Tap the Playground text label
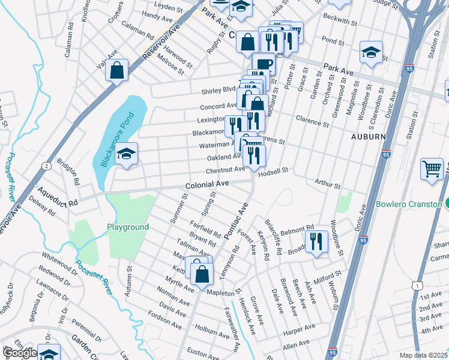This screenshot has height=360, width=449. (128, 227)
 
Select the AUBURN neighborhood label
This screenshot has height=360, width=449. (368, 137)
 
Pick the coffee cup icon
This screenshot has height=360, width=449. (263, 63)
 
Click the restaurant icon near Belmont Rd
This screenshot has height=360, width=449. (316, 241)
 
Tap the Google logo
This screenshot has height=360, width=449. (20, 353)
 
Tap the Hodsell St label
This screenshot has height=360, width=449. (273, 171)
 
